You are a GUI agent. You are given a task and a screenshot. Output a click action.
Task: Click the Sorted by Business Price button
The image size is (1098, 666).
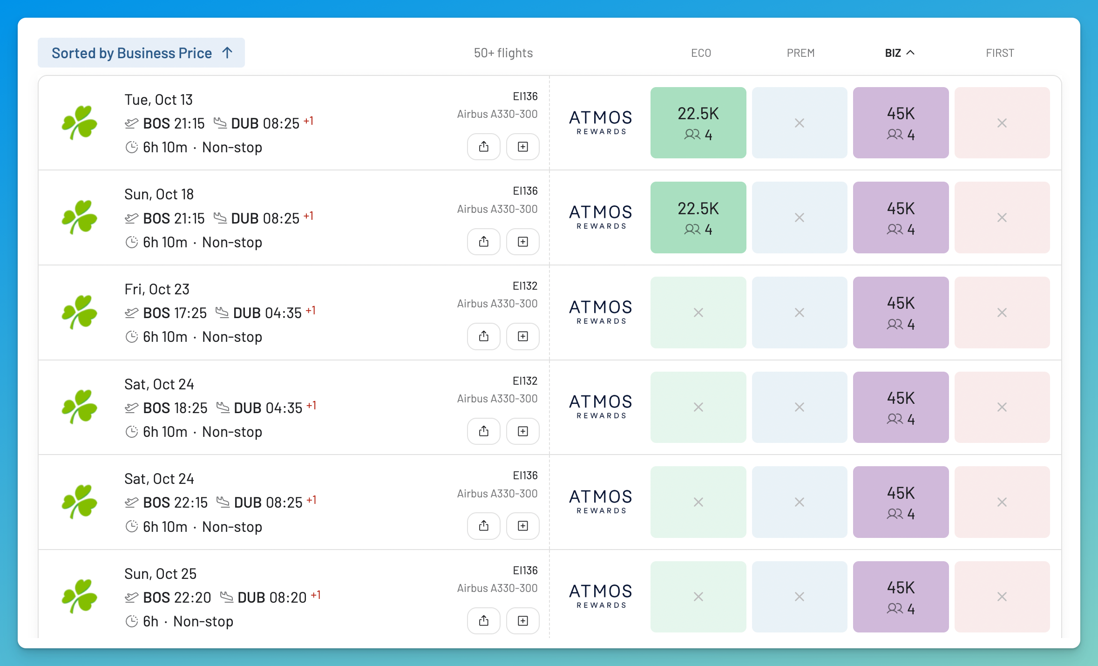coord(141,53)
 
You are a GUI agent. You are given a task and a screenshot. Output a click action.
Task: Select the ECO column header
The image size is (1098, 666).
coord(701,53)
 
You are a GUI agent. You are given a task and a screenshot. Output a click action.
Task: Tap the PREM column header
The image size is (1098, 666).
coord(800,53)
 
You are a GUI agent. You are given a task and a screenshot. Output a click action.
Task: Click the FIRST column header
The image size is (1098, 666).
coord(1000,53)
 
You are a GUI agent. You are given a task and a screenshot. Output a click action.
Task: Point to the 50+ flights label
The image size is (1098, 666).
coord(503,53)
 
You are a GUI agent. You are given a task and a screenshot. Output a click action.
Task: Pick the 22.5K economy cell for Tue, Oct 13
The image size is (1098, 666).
coord(698,122)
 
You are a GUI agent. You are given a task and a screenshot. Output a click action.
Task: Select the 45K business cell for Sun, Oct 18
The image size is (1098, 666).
coord(901,217)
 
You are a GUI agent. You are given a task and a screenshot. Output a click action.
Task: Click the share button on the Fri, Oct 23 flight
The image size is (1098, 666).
coord(484,336)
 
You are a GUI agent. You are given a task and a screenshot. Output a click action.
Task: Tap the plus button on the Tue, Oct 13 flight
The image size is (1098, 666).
coord(523,147)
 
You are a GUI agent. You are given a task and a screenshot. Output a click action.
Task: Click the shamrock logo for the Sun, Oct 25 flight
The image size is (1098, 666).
coord(80,596)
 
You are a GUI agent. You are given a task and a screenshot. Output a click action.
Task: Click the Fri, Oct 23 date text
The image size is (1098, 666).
coord(157,289)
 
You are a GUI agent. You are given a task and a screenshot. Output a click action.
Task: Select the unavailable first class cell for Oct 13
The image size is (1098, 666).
coord(1002,122)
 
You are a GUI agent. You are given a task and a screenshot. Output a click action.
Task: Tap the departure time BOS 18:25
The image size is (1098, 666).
coord(175,408)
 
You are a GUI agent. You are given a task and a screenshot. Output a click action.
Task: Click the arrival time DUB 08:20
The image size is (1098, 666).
coord(272,598)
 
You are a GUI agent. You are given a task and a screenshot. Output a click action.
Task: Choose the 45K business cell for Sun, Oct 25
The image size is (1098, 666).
coord(901,597)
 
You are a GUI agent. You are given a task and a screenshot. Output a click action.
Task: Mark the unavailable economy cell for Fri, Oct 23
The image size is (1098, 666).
coord(698,313)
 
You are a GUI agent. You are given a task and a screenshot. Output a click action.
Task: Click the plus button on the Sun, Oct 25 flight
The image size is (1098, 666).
coord(523,620)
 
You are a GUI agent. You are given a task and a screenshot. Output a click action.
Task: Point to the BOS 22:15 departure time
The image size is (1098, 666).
coord(175,503)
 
